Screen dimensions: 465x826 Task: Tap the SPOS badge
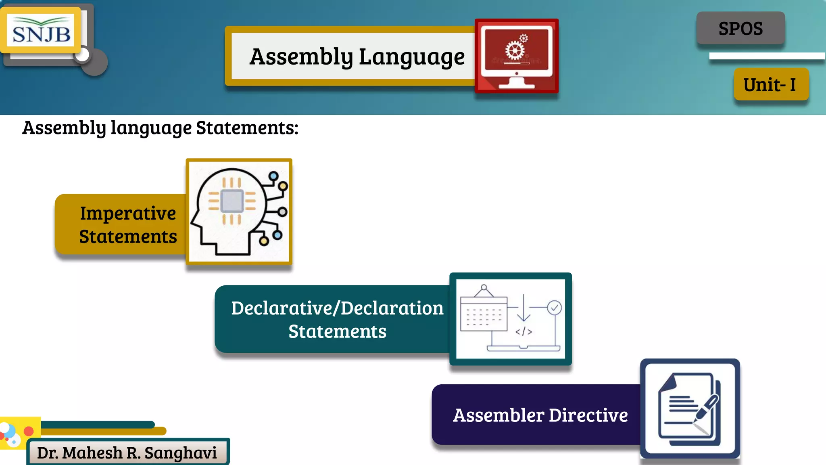click(x=740, y=29)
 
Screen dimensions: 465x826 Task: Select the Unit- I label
click(x=770, y=85)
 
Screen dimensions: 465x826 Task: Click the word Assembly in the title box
click(x=301, y=57)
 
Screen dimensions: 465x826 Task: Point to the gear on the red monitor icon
click(x=515, y=50)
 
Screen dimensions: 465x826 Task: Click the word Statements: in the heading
click(x=247, y=128)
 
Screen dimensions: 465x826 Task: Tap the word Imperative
click(x=128, y=213)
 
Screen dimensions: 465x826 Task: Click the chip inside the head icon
click(x=232, y=201)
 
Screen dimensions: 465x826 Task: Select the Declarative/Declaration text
click(x=337, y=308)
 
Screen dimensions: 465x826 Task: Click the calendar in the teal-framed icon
click(x=484, y=313)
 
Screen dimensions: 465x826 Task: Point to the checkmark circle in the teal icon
click(x=555, y=308)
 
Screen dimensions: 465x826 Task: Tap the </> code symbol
click(x=524, y=332)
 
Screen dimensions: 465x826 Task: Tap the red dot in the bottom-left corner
click(x=29, y=431)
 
